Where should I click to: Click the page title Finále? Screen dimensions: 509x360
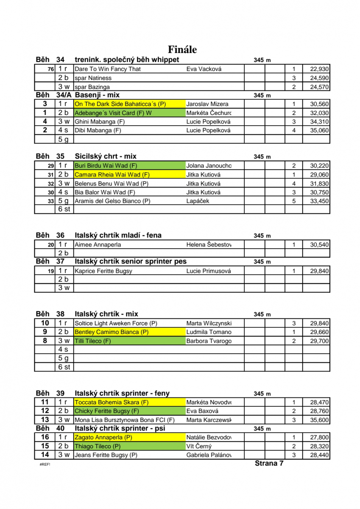[x=182, y=50]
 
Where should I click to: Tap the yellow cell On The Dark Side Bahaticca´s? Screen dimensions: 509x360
[x=130, y=104]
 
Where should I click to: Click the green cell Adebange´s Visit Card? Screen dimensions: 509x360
[x=130, y=113]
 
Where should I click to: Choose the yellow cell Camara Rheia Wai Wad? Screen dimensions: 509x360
[x=130, y=174]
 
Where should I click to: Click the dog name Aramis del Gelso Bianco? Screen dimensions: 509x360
[x=112, y=201]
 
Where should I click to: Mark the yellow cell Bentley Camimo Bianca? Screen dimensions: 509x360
[x=130, y=332]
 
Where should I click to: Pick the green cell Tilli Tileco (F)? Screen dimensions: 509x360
[x=130, y=341]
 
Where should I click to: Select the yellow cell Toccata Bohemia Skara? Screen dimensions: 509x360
[x=130, y=402]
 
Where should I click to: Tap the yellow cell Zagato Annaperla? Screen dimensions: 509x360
[x=130, y=437]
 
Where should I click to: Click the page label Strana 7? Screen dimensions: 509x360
[x=269, y=463]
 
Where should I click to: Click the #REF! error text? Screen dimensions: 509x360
[x=45, y=464]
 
